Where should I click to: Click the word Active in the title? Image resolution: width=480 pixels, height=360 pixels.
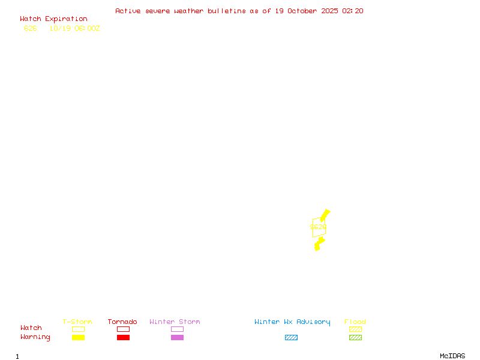point(128,11)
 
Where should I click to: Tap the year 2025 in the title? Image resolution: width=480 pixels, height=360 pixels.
point(330,11)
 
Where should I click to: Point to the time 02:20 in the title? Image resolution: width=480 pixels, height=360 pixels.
point(353,11)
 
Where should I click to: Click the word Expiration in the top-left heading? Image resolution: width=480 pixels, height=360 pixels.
point(66,19)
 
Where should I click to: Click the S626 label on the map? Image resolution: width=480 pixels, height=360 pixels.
point(318,227)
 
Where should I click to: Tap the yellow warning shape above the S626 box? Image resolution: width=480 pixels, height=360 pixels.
point(325,215)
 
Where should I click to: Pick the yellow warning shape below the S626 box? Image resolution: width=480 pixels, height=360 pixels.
point(319,243)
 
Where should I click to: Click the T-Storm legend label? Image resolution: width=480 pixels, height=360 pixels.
point(77,322)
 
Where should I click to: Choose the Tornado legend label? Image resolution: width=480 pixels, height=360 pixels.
point(122,322)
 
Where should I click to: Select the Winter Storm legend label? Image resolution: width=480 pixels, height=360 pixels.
point(175,322)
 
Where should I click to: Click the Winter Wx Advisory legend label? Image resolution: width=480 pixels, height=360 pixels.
point(292,322)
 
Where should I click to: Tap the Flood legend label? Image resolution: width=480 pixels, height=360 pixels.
point(355,322)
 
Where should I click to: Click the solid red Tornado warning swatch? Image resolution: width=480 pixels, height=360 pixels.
point(123,338)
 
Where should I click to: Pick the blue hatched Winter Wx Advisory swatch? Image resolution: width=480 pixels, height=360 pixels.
point(291,338)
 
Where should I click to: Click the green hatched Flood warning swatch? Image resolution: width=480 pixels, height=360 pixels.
point(355,338)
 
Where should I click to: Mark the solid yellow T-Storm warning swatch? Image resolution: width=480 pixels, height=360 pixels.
point(78,338)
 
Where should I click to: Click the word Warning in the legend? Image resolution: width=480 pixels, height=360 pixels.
point(35,337)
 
